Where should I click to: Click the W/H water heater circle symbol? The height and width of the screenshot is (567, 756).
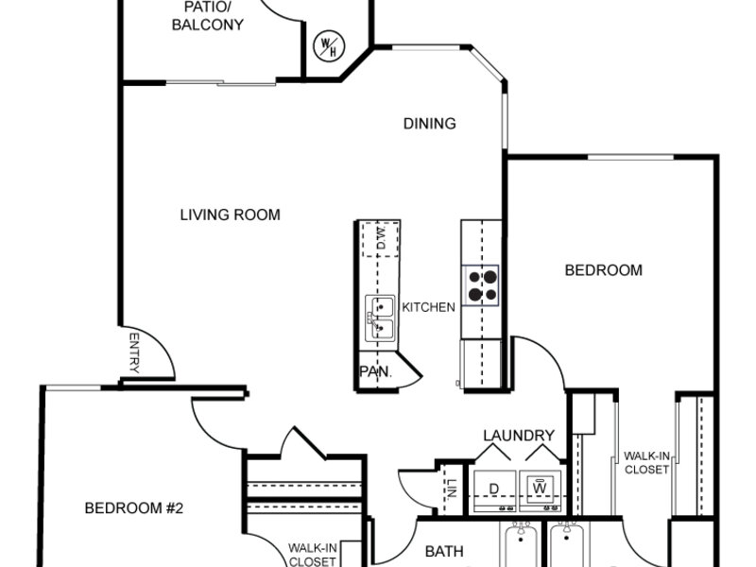(329, 46)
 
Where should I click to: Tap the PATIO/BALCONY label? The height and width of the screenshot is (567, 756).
(208, 16)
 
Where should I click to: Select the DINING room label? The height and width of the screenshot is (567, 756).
(430, 124)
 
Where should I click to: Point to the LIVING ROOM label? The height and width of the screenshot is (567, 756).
(230, 215)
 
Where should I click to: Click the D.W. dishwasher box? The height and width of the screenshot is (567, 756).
(381, 239)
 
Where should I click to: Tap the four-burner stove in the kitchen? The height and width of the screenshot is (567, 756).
(480, 285)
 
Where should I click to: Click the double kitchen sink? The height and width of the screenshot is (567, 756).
(380, 318)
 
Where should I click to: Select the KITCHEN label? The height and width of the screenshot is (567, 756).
(429, 307)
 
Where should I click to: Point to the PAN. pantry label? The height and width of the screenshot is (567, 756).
(375, 371)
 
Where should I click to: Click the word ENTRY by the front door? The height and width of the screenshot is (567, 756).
(134, 352)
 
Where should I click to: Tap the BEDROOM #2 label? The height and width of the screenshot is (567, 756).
(134, 508)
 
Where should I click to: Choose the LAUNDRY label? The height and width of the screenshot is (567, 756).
(519, 436)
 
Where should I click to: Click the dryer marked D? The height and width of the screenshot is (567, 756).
(494, 490)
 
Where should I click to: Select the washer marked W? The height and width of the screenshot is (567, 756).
(541, 490)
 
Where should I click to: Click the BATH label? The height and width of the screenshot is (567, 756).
(444, 551)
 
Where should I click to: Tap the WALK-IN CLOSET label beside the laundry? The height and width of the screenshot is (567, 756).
(646, 463)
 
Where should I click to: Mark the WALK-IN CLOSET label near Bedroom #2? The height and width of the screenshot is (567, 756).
(312, 555)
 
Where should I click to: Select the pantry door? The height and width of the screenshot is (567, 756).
(409, 369)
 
